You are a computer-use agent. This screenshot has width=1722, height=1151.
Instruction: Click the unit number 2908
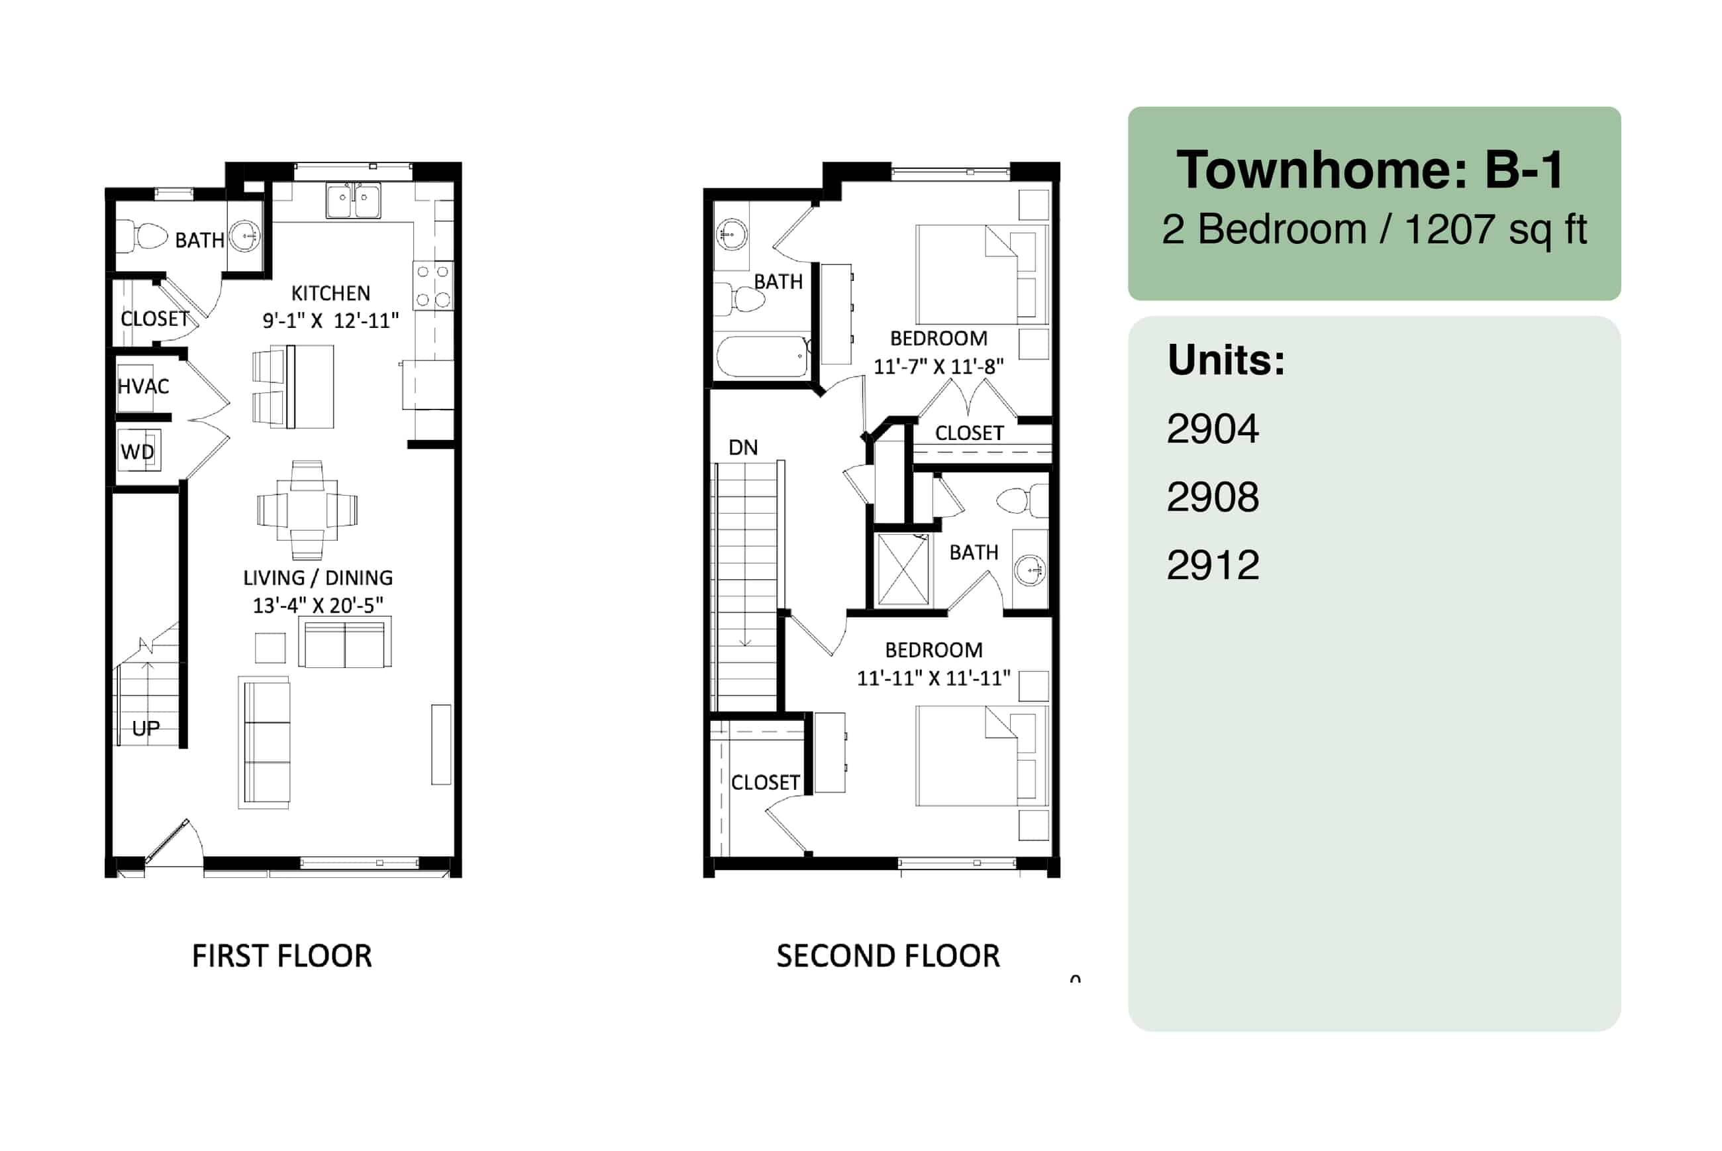(1213, 497)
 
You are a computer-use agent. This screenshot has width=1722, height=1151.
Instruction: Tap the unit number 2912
(1213, 565)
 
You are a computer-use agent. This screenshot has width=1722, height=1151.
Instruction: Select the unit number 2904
(1213, 429)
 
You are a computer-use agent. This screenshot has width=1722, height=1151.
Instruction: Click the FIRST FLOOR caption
(281, 956)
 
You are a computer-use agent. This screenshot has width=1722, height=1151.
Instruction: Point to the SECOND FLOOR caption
(887, 956)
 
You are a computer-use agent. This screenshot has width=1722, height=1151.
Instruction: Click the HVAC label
(143, 387)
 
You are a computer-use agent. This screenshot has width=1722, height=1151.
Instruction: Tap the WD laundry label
(137, 451)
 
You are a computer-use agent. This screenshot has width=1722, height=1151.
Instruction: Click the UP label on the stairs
(145, 728)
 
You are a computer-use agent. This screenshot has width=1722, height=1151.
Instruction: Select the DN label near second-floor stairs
(742, 448)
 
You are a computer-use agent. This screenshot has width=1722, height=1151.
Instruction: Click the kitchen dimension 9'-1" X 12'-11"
(330, 321)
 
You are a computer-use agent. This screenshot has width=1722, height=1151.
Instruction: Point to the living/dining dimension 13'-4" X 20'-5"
(318, 606)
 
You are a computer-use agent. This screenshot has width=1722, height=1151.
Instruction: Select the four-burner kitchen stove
(433, 286)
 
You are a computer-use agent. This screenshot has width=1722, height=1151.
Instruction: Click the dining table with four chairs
(307, 510)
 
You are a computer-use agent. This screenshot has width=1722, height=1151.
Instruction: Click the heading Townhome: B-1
(1370, 170)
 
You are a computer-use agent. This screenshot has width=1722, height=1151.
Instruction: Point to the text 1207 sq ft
(1495, 229)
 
